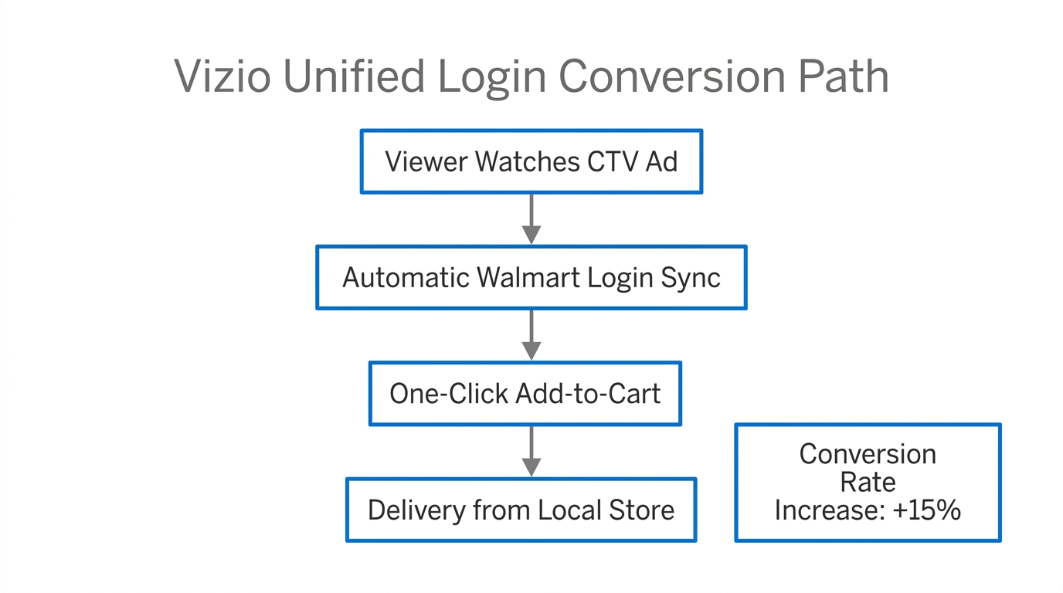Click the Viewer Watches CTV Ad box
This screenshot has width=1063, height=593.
click(x=531, y=161)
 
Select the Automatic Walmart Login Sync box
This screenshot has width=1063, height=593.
click(x=531, y=277)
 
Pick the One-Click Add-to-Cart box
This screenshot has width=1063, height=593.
click(x=525, y=394)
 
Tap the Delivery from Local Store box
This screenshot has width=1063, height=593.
click(x=521, y=510)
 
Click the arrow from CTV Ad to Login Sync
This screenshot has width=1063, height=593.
click(x=531, y=219)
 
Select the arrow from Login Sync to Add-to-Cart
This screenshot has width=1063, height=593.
click(x=531, y=335)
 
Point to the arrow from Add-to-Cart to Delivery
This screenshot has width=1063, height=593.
click(x=531, y=452)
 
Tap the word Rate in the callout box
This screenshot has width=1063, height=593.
click(x=868, y=483)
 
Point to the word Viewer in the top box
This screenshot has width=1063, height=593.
click(x=426, y=161)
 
